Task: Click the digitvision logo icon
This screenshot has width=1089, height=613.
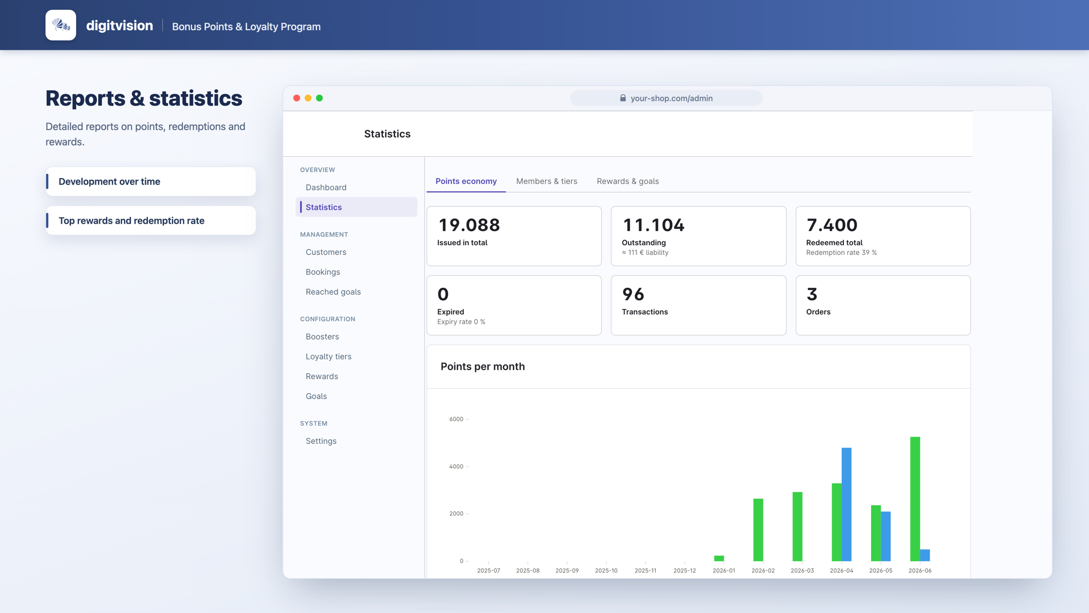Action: click(61, 25)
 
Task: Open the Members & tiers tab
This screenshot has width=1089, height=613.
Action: click(547, 181)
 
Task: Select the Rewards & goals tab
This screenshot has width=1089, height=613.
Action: click(628, 181)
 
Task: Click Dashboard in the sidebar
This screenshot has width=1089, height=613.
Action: click(326, 187)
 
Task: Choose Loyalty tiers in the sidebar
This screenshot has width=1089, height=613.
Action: click(328, 356)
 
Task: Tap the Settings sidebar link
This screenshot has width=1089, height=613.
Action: click(321, 441)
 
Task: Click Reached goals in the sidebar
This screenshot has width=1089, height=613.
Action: click(333, 292)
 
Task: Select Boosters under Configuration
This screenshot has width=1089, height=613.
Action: click(322, 337)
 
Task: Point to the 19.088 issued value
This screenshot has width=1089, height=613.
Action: click(469, 225)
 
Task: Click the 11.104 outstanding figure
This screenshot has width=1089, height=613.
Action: click(653, 225)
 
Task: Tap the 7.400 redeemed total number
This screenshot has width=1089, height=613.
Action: click(832, 225)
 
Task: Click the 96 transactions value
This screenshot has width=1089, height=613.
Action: click(633, 294)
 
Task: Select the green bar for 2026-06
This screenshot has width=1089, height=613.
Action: click(915, 499)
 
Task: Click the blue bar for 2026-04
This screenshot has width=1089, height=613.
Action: click(846, 505)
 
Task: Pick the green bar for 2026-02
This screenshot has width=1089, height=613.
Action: click(758, 530)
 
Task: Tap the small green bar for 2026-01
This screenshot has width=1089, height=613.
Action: click(719, 559)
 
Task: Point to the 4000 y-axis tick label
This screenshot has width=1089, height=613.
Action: click(456, 467)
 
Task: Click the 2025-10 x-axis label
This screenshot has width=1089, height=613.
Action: click(606, 570)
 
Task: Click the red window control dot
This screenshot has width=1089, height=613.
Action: click(297, 98)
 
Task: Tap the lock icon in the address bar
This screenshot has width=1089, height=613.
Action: click(623, 98)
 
